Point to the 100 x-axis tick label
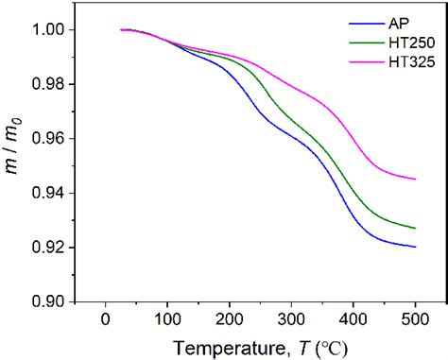pyautogui.click(x=167, y=320)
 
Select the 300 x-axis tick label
pyautogui.click(x=290, y=320)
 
